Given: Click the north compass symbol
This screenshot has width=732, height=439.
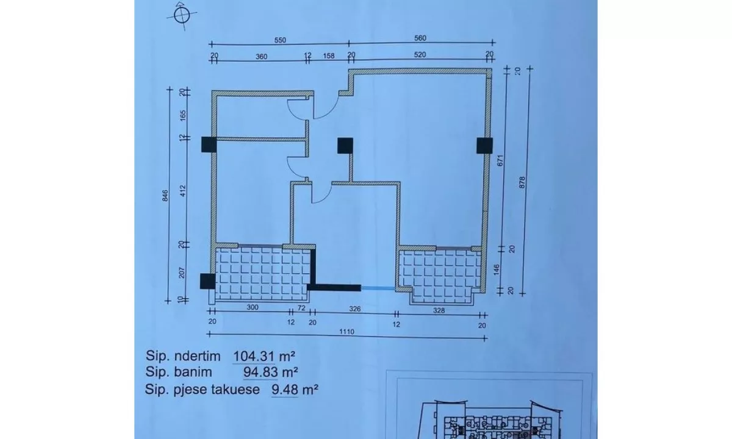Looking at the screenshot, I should coord(181,16).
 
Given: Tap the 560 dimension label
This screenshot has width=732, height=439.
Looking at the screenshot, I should coord(420,38).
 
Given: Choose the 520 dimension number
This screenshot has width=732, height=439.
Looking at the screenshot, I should coord(420,54).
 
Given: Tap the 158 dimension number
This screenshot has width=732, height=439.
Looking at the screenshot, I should coord(328,54).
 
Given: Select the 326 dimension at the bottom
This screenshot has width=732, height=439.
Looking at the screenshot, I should coord(355,309).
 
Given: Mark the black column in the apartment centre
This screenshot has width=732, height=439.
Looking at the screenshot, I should coord(345,145).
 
